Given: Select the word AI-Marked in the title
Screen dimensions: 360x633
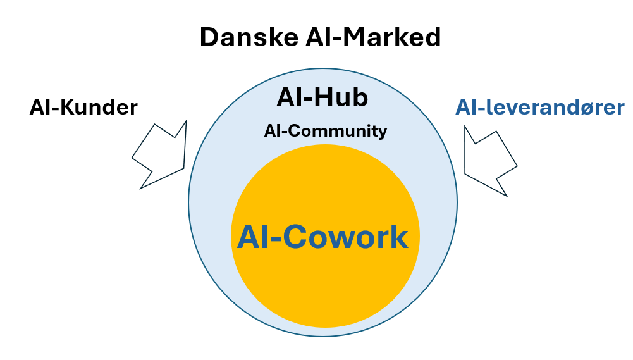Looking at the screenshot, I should [369, 38].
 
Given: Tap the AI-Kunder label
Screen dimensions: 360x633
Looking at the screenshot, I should [83, 108].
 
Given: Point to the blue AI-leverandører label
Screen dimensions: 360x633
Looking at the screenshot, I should [540, 107].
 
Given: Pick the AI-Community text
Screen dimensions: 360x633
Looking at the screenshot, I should [326, 131].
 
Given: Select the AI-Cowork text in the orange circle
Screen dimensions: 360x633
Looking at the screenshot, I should [323, 237].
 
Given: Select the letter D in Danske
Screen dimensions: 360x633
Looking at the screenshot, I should [209, 38].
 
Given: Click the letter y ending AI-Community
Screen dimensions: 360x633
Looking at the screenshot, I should [382, 132].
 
